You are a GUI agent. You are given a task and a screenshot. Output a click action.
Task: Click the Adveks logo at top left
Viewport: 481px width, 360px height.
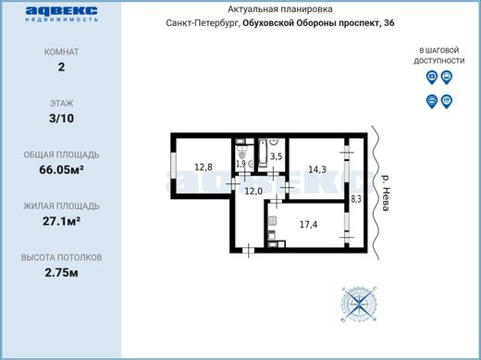[62, 13]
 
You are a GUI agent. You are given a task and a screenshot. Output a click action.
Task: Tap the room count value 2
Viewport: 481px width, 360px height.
[61, 67]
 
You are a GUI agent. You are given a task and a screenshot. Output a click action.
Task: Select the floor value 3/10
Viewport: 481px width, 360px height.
[61, 118]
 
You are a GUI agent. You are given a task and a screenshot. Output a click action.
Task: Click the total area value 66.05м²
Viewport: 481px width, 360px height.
[61, 169]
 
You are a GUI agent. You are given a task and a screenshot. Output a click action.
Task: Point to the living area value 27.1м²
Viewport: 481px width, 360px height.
[61, 221]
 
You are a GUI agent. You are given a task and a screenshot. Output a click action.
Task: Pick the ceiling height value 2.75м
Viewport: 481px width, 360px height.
[61, 273]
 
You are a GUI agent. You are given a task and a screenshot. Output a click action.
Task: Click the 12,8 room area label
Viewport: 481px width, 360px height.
[203, 168]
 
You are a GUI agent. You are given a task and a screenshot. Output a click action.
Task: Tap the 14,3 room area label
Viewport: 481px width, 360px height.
[317, 169]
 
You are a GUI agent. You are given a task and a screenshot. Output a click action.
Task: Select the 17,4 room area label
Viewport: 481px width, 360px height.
[309, 225]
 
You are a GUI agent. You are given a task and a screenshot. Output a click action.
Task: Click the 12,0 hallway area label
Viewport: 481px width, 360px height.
[253, 192]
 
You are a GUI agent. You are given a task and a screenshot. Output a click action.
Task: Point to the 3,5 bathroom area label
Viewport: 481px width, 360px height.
[277, 156]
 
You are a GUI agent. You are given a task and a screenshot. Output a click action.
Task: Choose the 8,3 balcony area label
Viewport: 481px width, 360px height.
[356, 199]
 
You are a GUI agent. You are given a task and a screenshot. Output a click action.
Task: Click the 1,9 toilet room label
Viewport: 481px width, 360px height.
[241, 164]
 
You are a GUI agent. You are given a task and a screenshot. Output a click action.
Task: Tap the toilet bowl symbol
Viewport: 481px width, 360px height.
[242, 153]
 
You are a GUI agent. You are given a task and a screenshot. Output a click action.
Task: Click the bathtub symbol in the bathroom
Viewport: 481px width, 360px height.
[263, 154]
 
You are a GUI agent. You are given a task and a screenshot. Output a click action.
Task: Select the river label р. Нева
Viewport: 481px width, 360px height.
[386, 193]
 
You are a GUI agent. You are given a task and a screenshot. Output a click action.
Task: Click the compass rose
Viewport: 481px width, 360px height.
[359, 304]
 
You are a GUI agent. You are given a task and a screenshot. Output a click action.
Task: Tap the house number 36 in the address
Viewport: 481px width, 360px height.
[389, 23]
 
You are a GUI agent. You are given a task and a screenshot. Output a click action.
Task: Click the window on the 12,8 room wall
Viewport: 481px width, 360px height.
[174, 165]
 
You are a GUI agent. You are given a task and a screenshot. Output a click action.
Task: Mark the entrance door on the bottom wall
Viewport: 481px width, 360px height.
[249, 250]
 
